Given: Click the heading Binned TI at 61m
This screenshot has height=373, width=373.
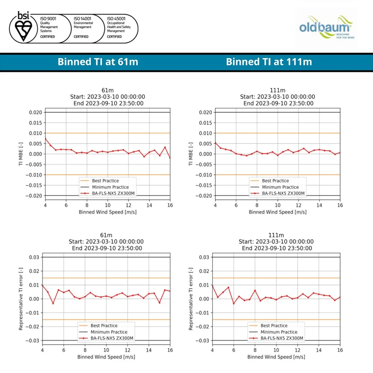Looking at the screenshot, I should (x=98, y=62).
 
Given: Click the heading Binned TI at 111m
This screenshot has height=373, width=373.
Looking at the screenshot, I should (x=269, y=62).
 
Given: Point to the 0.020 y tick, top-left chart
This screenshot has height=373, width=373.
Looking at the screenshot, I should (x=36, y=112).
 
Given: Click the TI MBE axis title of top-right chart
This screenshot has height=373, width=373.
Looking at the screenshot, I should (x=191, y=154).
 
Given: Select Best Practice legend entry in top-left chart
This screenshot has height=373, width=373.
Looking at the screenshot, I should (x=105, y=181).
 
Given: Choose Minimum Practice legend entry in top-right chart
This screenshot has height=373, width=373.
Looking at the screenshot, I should (x=280, y=187).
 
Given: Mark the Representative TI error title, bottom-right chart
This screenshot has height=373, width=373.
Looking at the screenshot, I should (x=191, y=298).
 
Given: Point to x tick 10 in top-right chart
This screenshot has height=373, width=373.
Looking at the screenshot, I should (x=278, y=205).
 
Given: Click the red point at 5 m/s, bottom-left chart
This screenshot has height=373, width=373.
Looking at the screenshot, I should (x=53, y=303).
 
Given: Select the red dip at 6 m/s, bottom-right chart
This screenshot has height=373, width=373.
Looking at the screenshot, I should (x=233, y=303).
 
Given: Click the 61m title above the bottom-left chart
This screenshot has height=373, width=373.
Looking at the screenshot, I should (x=106, y=235).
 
